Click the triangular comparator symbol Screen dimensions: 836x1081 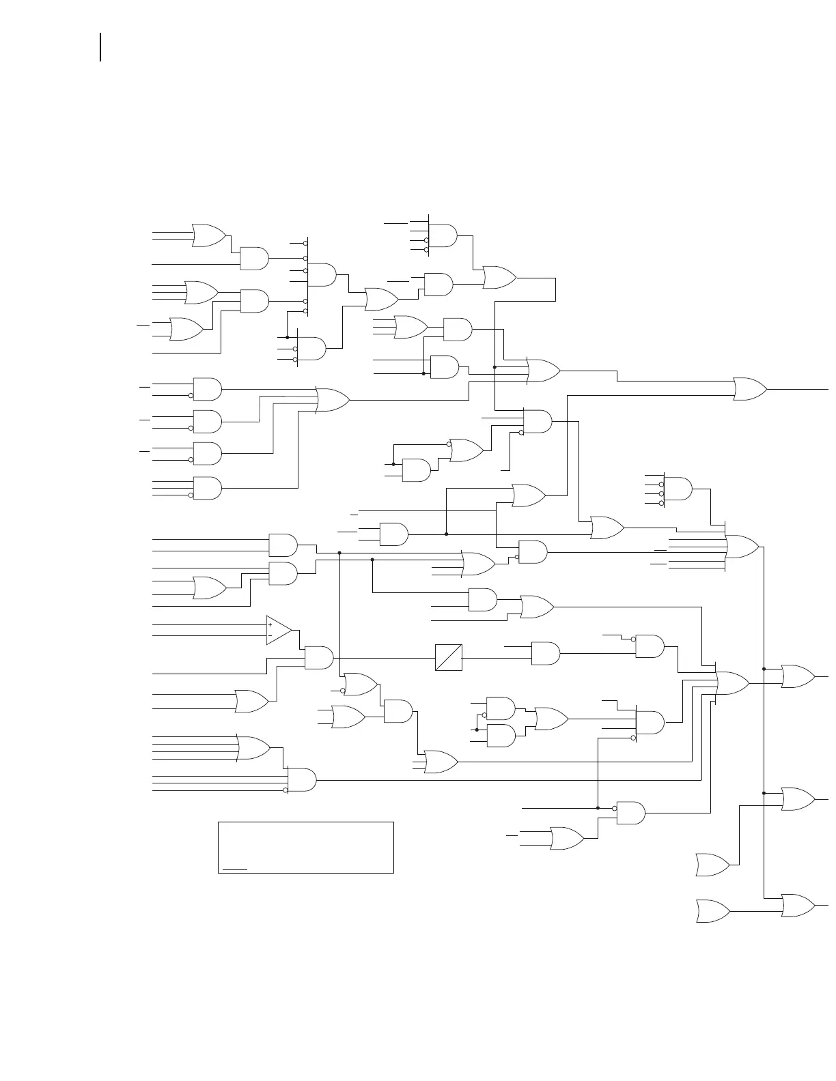(x=278, y=630)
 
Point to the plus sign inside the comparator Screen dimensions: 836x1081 (x=270, y=624)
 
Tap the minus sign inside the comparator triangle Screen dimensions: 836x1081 (x=270, y=635)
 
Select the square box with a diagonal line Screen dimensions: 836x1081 (x=449, y=657)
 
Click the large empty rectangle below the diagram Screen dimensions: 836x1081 (x=306, y=848)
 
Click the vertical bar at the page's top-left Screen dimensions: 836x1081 (x=100, y=47)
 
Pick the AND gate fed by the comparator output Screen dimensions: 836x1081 (x=318, y=658)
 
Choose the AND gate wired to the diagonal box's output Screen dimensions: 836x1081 (x=545, y=653)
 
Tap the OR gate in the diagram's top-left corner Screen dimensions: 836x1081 (x=209, y=235)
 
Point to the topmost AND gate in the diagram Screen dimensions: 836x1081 (x=443, y=235)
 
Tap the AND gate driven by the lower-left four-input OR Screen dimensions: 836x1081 (x=301, y=779)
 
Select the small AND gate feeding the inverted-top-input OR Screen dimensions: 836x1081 (x=416, y=470)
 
